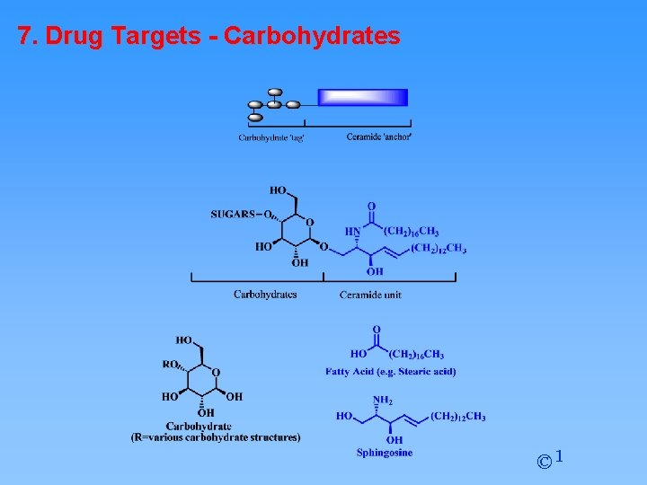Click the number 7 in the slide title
pyautogui.click(x=24, y=36)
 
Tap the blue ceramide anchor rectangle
pyautogui.click(x=363, y=97)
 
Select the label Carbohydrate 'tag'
pyautogui.click(x=271, y=137)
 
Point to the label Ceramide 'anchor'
pyautogui.click(x=379, y=137)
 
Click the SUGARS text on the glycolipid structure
pyautogui.click(x=233, y=214)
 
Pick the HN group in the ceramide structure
pyautogui.click(x=353, y=231)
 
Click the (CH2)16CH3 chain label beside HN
pyautogui.click(x=412, y=231)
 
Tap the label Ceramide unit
pyautogui.click(x=370, y=295)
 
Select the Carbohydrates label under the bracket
pyautogui.click(x=265, y=294)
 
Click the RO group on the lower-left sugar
pyautogui.click(x=170, y=365)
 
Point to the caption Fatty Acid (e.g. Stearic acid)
pyautogui.click(x=391, y=372)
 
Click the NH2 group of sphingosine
pyautogui.click(x=383, y=401)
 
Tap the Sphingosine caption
pyautogui.click(x=385, y=453)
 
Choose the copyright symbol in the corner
pyautogui.click(x=544, y=463)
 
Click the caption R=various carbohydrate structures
pyautogui.click(x=216, y=437)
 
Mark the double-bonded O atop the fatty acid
pyautogui.click(x=377, y=331)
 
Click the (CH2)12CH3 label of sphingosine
pyautogui.click(x=457, y=416)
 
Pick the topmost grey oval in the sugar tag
pyautogui.click(x=275, y=92)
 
